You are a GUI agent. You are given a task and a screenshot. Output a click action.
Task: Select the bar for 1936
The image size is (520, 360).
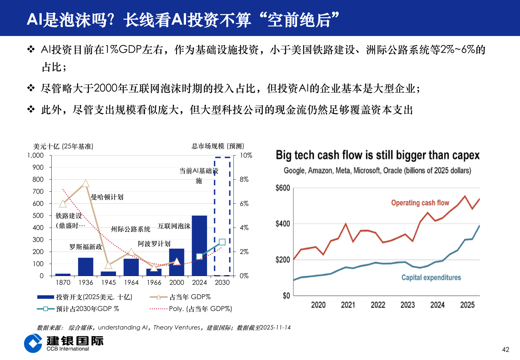[x=86, y=266]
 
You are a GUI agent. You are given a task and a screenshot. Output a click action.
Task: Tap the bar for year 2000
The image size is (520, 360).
[x=177, y=262]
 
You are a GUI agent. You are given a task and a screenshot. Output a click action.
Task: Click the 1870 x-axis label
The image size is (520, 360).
[x=63, y=283]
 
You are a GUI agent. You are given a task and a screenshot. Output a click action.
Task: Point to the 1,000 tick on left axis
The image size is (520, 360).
[x=36, y=155]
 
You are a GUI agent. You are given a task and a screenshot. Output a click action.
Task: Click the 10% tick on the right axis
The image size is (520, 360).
[x=246, y=155]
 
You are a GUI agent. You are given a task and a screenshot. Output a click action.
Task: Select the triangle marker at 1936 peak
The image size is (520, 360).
[x=86, y=183]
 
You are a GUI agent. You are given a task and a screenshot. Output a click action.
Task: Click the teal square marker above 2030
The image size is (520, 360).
[x=222, y=242]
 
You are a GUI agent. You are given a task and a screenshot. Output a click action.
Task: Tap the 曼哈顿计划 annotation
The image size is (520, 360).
[x=107, y=197]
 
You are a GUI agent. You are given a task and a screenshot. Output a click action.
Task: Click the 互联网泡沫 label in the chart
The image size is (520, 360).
[x=174, y=226]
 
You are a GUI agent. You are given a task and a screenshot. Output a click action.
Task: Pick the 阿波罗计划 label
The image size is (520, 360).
[x=154, y=244]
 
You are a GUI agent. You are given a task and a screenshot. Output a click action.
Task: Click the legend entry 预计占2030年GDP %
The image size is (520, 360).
[x=87, y=309]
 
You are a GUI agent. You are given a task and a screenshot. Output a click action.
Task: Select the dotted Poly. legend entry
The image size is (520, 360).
[x=200, y=309]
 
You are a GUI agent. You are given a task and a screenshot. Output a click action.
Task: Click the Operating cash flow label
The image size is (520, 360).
[x=420, y=203]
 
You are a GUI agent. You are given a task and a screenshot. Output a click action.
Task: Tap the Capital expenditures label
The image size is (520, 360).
[x=431, y=277]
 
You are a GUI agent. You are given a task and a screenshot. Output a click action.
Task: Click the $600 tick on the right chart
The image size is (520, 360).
[x=283, y=188]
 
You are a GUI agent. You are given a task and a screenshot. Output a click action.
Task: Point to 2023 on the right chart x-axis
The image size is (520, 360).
[x=407, y=305]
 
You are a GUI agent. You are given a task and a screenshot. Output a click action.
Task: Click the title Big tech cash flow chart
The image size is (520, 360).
[x=377, y=155]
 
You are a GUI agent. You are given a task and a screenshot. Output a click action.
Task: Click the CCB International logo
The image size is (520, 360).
[x=63, y=343]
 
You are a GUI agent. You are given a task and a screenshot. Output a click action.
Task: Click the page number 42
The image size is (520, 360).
[x=505, y=349]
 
